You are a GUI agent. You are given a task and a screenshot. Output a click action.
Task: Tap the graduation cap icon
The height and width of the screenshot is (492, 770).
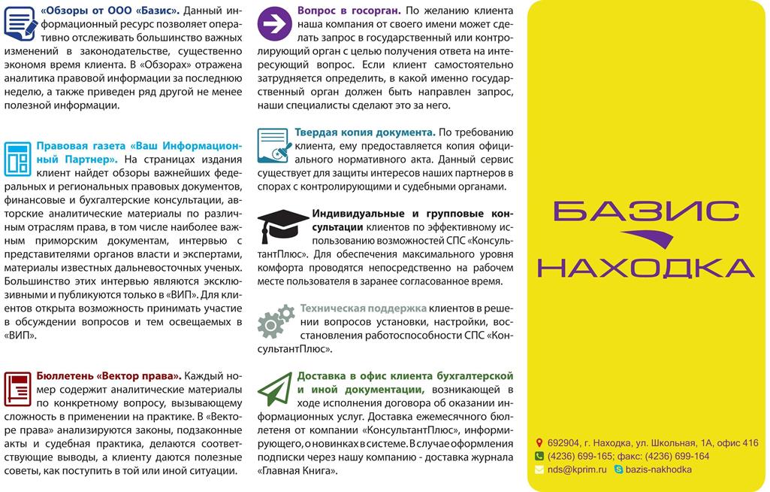point(282,222)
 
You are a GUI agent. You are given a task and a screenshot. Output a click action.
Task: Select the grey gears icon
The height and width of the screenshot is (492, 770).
point(276,320)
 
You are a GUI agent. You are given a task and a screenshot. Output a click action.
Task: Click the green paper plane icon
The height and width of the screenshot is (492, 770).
point(275,388)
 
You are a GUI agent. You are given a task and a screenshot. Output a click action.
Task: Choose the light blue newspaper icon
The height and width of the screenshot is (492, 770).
point(17,158)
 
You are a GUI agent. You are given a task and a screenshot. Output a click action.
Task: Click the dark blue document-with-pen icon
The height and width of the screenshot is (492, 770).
point(19,23)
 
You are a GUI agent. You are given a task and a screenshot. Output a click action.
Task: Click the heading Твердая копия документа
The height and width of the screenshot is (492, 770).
point(365,132)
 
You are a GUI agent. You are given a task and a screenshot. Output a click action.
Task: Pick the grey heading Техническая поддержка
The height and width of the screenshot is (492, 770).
point(363,308)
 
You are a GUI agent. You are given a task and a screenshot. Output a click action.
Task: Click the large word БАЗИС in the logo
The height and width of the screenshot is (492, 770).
point(646,211)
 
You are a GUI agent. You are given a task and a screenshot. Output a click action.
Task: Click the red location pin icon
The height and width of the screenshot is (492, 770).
point(539,443)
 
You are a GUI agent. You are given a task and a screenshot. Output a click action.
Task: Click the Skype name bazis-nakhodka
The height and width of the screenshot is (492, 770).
point(658,469)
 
